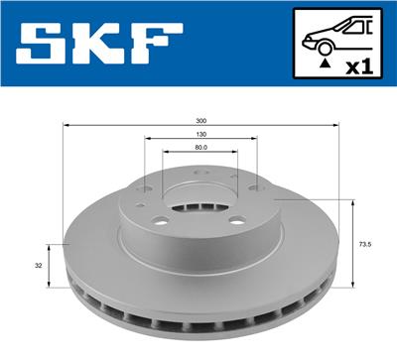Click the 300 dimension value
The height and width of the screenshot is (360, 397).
pyautogui.click(x=201, y=120)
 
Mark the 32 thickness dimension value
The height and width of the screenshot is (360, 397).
pyautogui.click(x=38, y=265)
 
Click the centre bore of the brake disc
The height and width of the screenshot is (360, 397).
pyautogui.click(x=201, y=210)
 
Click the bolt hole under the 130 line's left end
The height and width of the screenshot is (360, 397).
pyautogui.click(x=147, y=189)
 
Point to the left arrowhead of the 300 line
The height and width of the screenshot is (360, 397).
pyautogui.click(x=66, y=126)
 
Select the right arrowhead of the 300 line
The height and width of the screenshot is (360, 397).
pyautogui.click(x=337, y=126)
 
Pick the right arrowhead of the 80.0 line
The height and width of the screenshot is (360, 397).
pyautogui.click(x=236, y=153)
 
